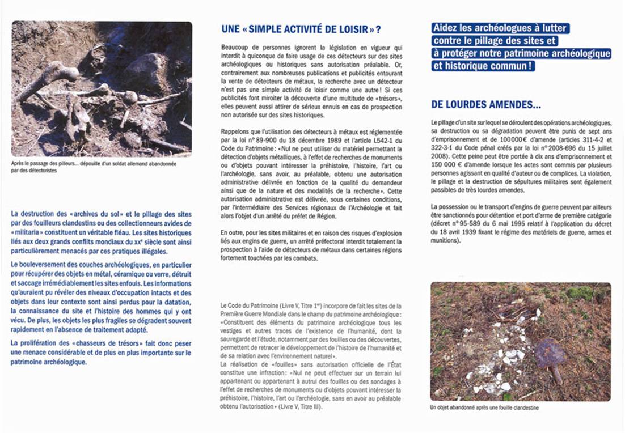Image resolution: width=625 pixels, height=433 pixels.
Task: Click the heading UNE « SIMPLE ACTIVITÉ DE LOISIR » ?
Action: (301, 29)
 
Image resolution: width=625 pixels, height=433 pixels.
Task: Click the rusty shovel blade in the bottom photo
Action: (550, 355)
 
